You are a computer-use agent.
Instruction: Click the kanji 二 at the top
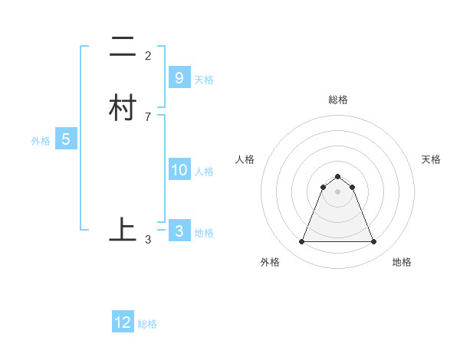click(123, 47)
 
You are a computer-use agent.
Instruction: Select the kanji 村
click(123, 107)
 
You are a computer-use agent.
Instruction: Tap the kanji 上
click(123, 229)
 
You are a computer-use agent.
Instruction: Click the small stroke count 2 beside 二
click(148, 56)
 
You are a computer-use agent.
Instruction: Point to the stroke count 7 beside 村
click(148, 116)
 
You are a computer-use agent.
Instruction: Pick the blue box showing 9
click(179, 78)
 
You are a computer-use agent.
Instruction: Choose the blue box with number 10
click(179, 170)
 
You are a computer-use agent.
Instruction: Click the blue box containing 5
click(66, 139)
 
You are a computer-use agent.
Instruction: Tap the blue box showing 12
click(123, 322)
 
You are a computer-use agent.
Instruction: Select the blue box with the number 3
click(179, 231)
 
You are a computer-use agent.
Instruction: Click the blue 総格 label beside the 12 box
click(147, 324)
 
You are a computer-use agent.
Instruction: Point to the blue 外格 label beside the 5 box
click(40, 141)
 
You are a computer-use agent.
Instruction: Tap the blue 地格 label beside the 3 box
click(204, 233)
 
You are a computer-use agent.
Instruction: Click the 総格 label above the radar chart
click(337, 100)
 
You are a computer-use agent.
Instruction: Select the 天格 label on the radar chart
click(431, 159)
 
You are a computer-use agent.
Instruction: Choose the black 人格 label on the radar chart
click(245, 159)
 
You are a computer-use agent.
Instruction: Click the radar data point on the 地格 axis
click(373, 242)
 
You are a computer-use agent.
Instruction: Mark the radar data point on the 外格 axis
click(301, 242)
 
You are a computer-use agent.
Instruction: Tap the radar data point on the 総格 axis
click(337, 174)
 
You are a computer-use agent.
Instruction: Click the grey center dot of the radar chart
click(337, 191)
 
